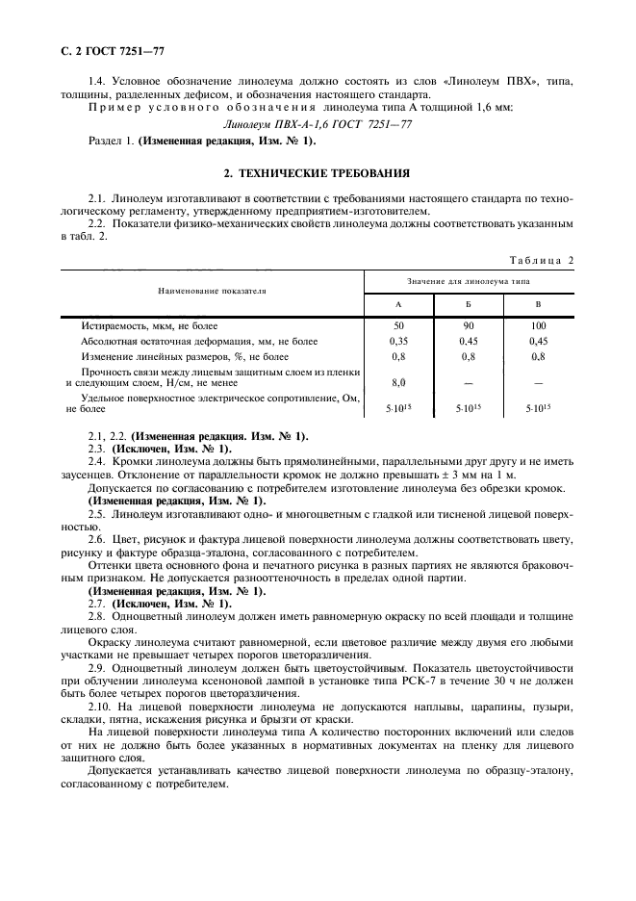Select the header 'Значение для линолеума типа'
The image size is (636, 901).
(468, 280)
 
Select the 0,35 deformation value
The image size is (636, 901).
(398, 341)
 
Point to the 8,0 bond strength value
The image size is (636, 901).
(398, 382)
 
